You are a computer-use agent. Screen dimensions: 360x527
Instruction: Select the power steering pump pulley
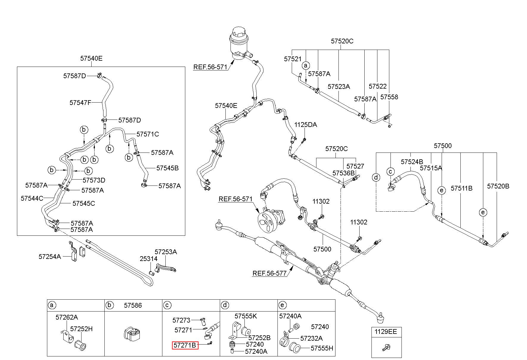point(264,221)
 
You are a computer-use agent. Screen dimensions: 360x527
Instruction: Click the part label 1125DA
point(306,125)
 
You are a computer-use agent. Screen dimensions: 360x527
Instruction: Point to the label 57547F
point(80,103)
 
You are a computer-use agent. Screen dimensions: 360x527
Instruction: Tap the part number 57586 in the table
point(133,305)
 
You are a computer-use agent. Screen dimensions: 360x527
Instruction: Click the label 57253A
point(166,252)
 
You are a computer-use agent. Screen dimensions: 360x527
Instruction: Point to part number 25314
point(148,259)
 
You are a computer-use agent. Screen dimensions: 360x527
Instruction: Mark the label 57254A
point(50,256)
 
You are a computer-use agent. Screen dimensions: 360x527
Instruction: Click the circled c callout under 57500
point(390,172)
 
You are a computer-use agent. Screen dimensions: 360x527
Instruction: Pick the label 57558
point(389,97)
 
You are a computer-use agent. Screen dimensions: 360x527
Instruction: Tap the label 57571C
point(148,134)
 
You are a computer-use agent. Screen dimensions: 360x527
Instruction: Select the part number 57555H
point(322,348)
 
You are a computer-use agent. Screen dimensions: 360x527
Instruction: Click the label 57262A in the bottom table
point(67,317)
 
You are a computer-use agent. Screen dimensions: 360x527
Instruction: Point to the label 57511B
point(462,188)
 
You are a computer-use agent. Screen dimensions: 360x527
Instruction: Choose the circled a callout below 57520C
point(306,66)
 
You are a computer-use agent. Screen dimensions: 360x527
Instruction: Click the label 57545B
point(167,168)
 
